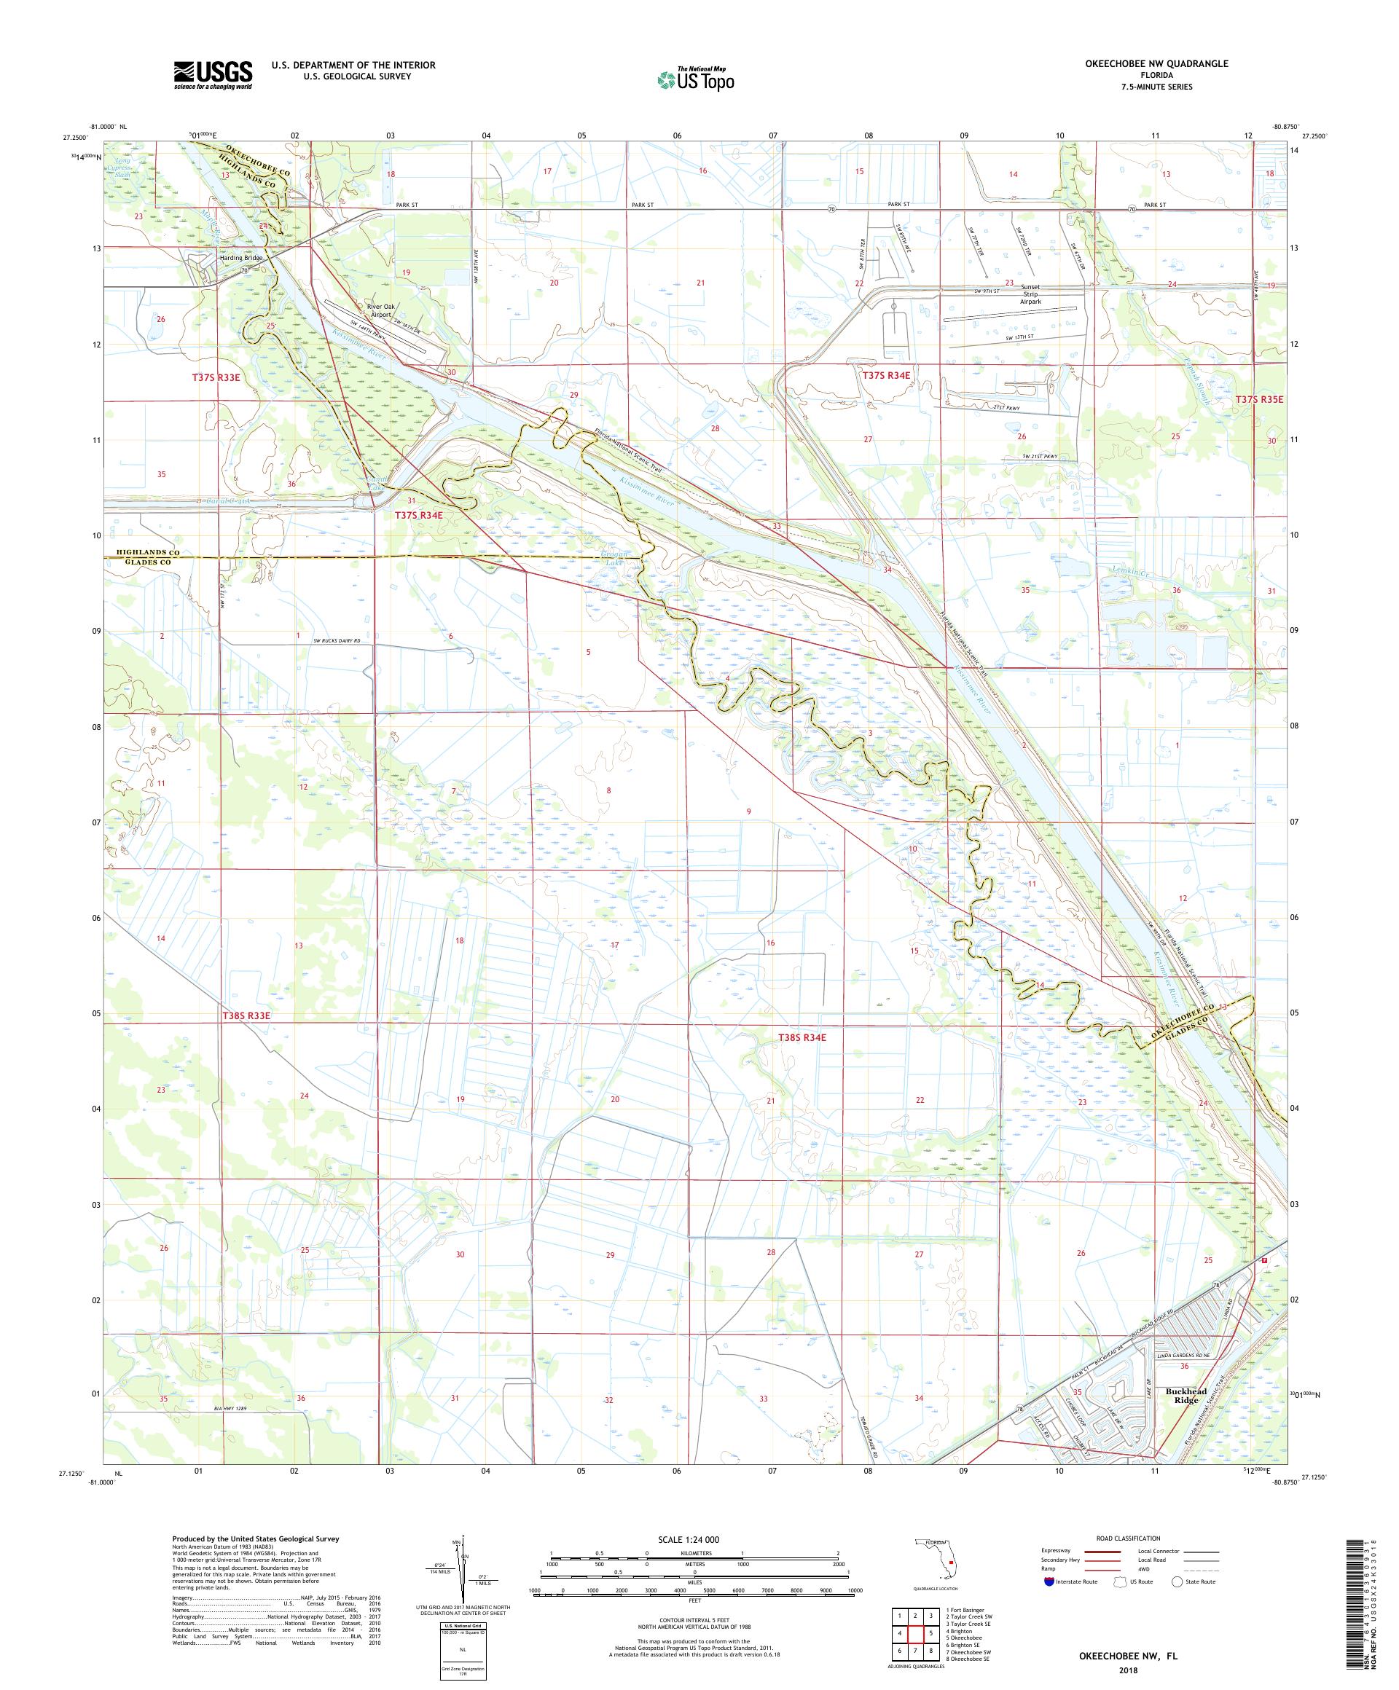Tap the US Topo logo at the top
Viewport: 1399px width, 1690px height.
(x=697, y=79)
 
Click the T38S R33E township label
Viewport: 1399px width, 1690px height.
(x=246, y=1015)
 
